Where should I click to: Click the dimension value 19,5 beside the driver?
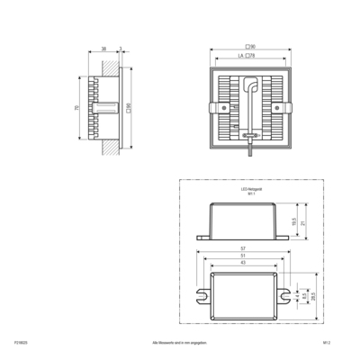[x=294, y=221]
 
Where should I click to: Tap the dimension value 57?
[x=244, y=247]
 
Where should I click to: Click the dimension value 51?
[x=244, y=256]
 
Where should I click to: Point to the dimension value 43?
[x=244, y=264]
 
